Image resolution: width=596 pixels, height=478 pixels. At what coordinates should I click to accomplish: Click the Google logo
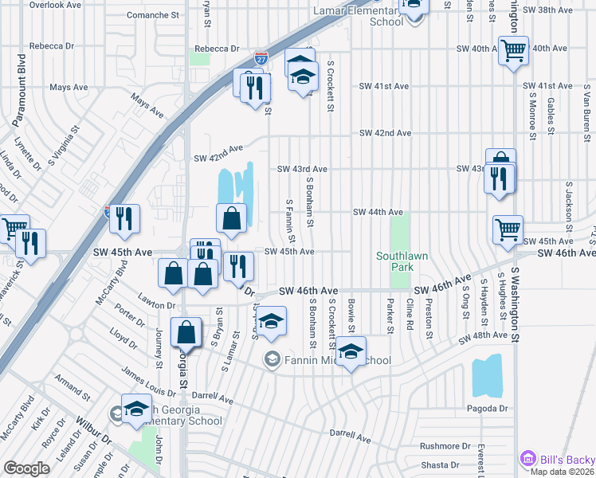(x=26, y=468)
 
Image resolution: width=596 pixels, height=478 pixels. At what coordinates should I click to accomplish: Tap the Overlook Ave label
(x=56, y=5)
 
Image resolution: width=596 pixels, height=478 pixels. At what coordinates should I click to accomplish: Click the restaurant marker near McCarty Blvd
(x=124, y=220)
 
